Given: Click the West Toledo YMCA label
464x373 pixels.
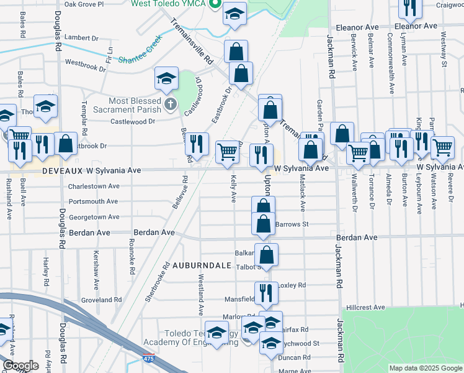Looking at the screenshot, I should pos(169,4).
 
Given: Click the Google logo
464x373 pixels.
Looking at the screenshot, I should pos(20,366).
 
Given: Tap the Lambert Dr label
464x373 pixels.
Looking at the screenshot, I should pos(81,38).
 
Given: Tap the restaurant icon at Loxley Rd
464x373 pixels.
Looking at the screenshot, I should pos(265,292).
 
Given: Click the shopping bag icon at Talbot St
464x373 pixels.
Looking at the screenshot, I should pos(266,254).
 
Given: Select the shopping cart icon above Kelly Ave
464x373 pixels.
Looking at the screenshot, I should pos(228,152).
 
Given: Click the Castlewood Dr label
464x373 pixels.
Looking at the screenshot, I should pos(133,121).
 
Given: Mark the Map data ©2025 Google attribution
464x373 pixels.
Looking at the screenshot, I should pos(425,368).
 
